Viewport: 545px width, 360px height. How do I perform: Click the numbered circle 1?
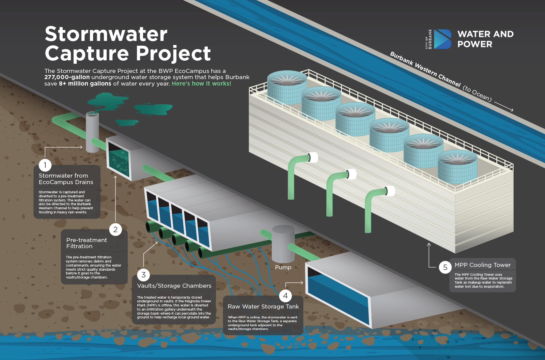click(45, 165)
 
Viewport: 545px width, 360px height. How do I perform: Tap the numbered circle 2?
click(115, 229)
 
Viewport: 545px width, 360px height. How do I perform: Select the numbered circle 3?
click(143, 275)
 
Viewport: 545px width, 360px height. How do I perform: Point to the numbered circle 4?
click(285, 296)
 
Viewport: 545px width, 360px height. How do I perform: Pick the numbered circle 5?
click(445, 267)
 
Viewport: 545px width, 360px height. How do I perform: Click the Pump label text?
click(283, 267)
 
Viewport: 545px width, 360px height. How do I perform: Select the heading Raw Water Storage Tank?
click(263, 306)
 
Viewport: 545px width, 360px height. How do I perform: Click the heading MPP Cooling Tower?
click(482, 265)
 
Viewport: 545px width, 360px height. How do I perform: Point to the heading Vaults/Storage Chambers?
click(174, 286)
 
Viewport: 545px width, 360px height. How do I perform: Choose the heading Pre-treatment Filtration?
click(87, 243)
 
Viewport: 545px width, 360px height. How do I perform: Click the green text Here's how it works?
click(201, 84)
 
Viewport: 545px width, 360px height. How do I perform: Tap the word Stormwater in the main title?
click(106, 34)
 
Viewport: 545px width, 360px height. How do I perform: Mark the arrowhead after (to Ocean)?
click(512, 110)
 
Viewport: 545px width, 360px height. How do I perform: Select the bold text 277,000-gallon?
click(67, 77)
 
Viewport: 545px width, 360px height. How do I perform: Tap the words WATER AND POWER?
click(485, 39)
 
